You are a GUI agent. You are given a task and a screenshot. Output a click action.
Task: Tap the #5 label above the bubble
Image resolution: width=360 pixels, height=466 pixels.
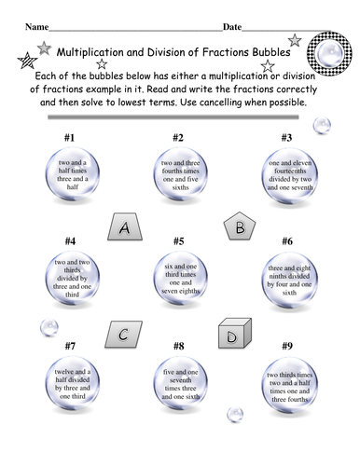click(x=178, y=240)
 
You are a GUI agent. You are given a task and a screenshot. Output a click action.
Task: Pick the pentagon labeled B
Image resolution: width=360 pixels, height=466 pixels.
click(x=239, y=226)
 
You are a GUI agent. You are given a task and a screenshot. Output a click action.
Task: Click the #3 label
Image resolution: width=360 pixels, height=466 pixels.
click(x=286, y=138)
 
